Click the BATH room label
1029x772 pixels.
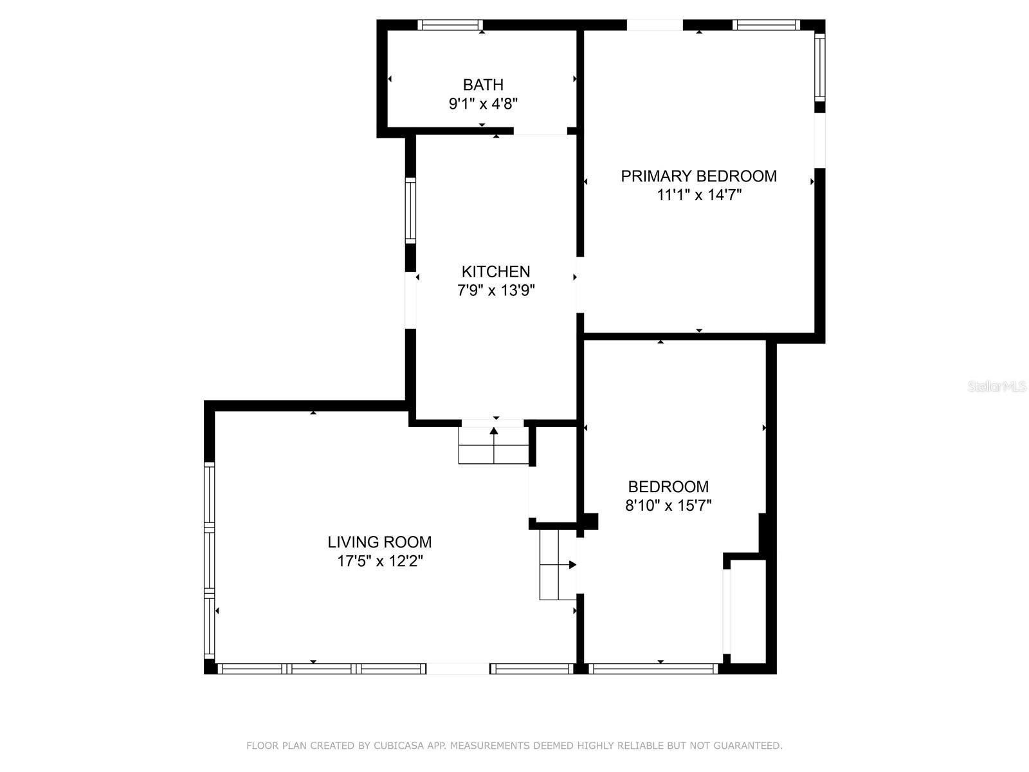tap(483, 84)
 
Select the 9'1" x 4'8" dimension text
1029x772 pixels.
tap(483, 104)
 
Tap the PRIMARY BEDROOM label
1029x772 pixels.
tap(698, 176)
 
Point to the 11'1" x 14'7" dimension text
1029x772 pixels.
tap(698, 195)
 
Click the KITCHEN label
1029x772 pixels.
tap(496, 271)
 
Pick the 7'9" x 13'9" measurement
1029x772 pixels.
tap(496, 291)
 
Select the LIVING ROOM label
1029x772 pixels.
tap(379, 542)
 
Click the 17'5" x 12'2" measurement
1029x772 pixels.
tap(379, 561)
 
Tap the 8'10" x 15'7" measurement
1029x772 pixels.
tap(668, 506)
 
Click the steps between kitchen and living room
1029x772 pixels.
tap(493, 445)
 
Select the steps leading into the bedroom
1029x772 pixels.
tap(558, 565)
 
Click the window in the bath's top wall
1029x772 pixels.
tap(450, 25)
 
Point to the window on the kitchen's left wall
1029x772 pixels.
tap(410, 210)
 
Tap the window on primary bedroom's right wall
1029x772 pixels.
tap(819, 67)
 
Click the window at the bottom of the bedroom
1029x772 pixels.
tap(653, 669)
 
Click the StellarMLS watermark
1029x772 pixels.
tap(997, 386)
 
